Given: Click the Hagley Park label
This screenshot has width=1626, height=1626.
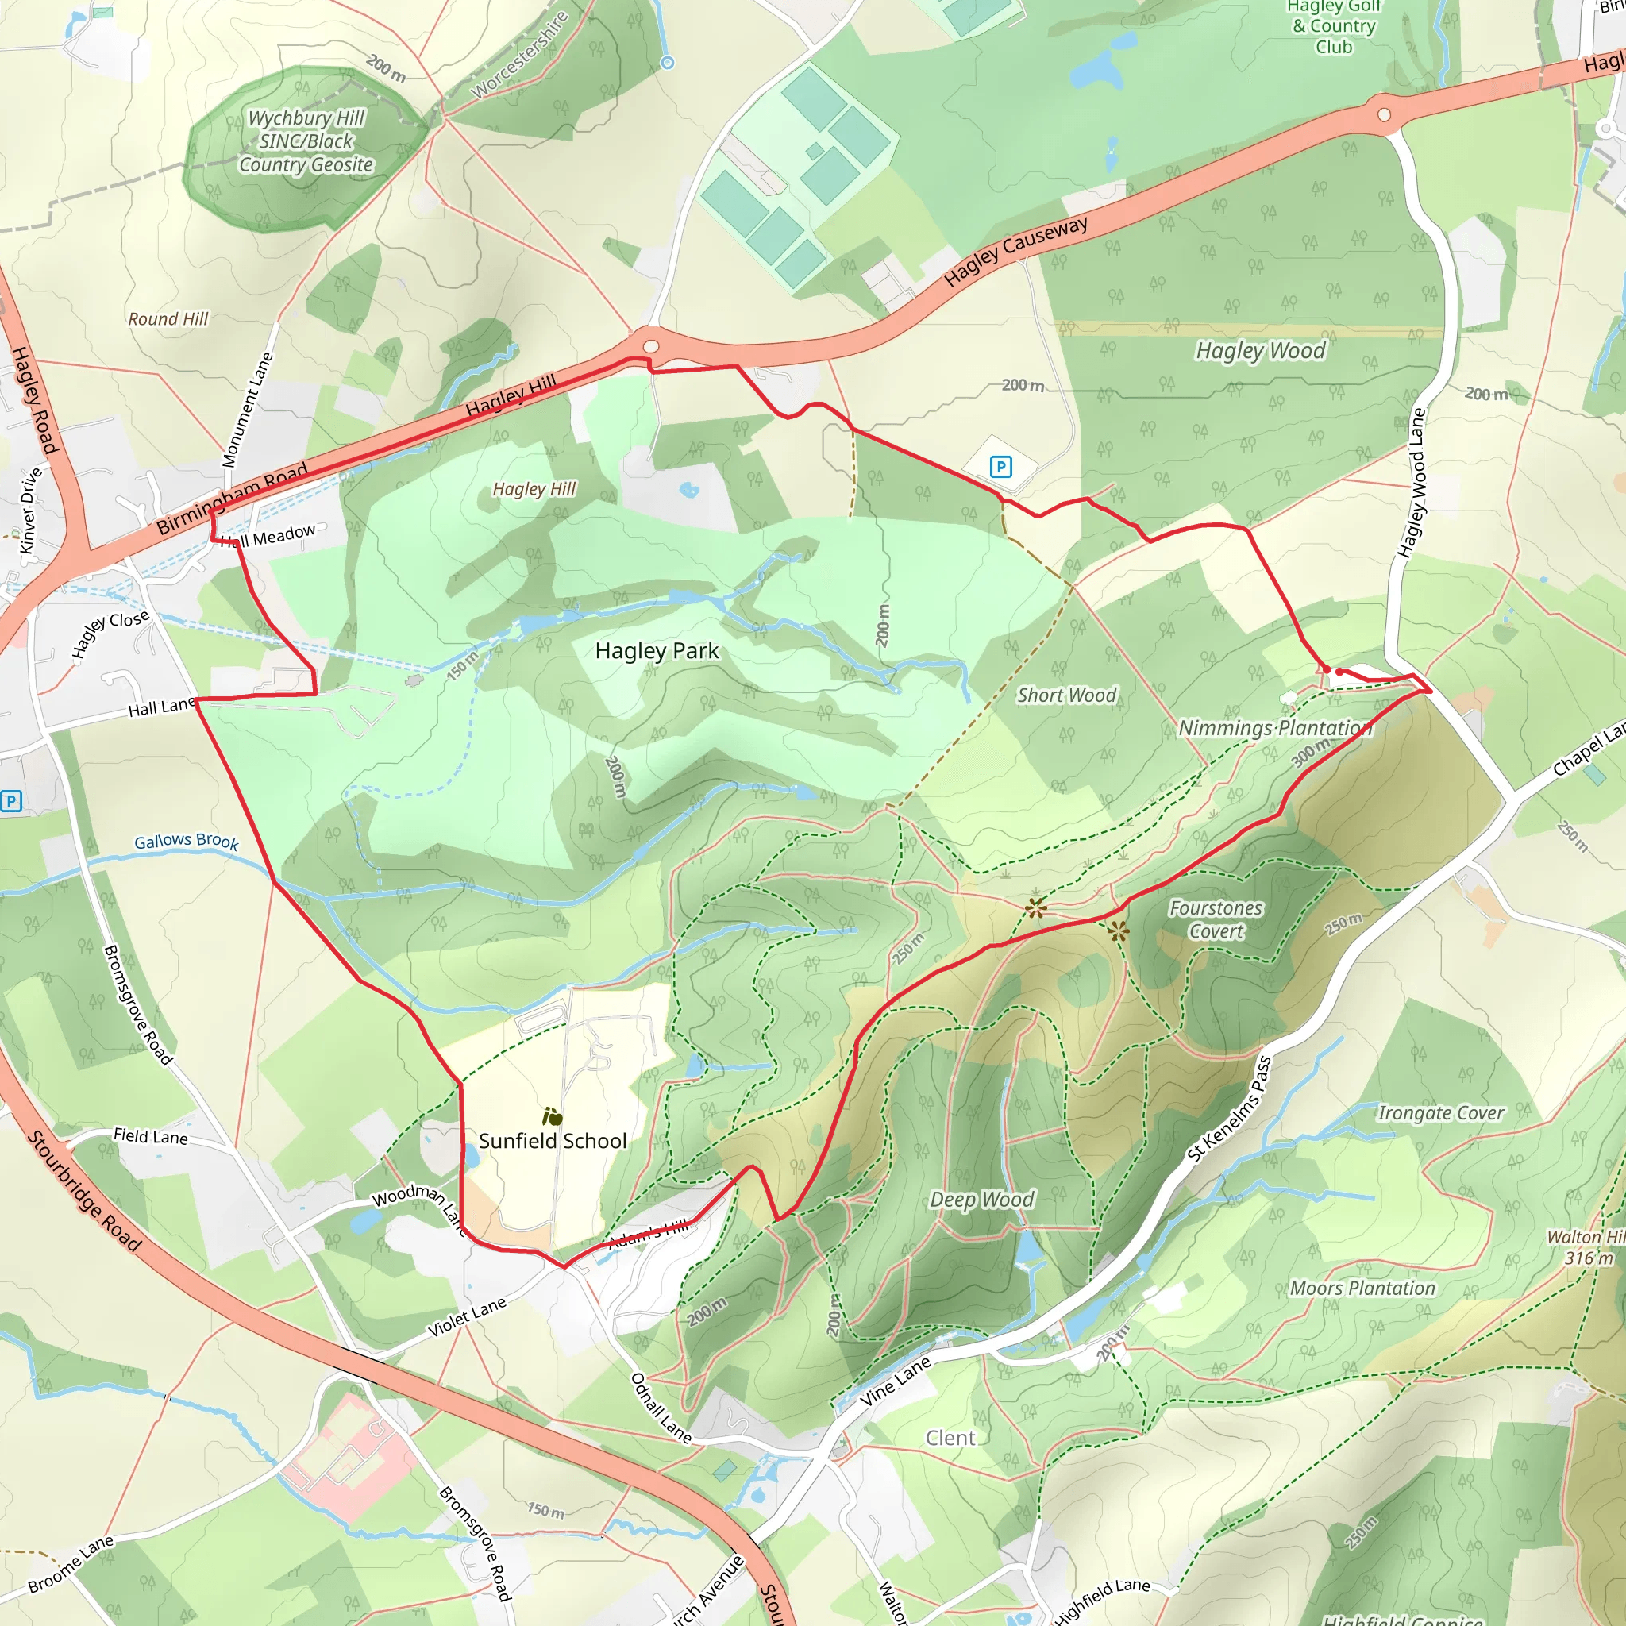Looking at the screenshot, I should [657, 650].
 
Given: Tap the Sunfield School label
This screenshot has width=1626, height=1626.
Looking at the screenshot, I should [552, 1140].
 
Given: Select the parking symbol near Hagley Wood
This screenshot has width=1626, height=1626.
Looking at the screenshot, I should [1000, 466].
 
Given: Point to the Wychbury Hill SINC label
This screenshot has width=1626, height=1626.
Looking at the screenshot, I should [306, 141].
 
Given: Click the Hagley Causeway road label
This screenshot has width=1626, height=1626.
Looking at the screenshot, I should [1015, 252].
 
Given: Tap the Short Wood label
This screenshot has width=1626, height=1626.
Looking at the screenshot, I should [1066, 695].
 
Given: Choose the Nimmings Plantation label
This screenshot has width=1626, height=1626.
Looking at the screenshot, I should [1275, 728].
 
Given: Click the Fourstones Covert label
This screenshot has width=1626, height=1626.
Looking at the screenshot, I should [1216, 919].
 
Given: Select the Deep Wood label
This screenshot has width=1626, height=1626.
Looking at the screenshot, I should [981, 1200].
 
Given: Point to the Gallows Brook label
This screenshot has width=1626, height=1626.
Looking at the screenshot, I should [187, 841].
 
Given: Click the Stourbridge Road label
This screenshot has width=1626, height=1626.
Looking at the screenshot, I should [84, 1190].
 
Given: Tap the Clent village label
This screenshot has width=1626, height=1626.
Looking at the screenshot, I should [950, 1439].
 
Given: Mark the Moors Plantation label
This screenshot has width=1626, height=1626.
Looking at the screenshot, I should [1362, 1288].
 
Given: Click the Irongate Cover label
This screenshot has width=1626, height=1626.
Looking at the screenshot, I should [1439, 1112].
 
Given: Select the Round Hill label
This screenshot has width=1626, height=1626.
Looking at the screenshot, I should [168, 319].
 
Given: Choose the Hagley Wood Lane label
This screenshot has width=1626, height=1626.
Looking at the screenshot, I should [1412, 482].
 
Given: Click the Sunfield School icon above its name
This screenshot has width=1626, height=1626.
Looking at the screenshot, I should [552, 1117].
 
